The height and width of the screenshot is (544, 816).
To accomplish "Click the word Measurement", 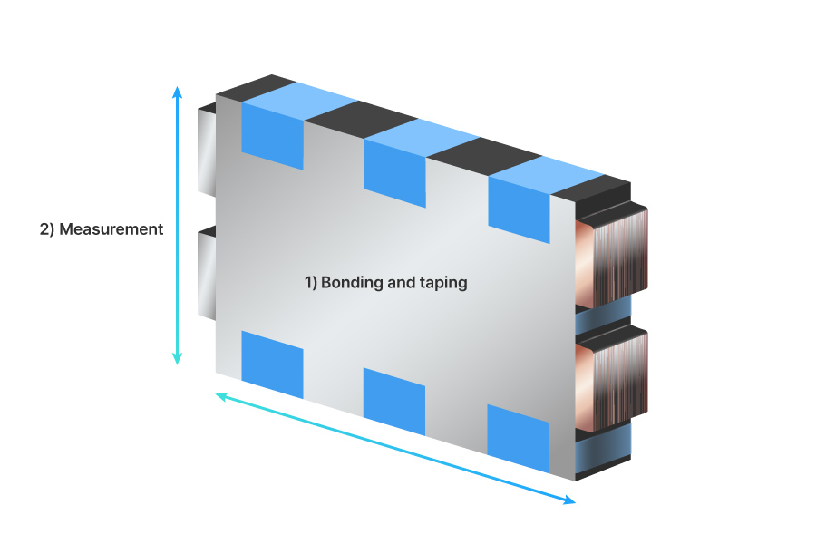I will coord(111,229).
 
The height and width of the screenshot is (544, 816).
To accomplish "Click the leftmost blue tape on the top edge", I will coord(272,132).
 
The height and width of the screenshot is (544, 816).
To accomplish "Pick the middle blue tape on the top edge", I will coord(394,169).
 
